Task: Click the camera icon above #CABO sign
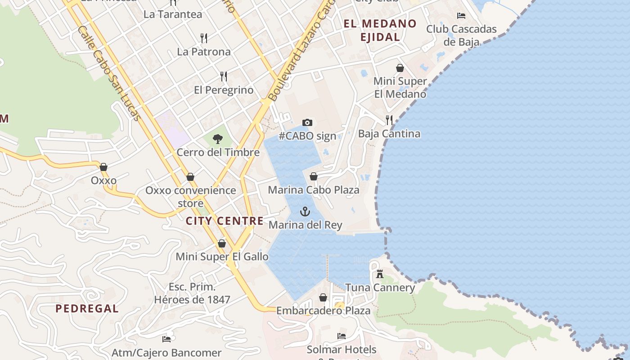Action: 307,122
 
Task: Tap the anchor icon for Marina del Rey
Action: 306,211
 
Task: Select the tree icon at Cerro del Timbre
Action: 218,139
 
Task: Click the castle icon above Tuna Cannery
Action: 380,274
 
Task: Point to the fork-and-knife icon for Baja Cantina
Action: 389,120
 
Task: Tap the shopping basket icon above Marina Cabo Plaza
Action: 314,176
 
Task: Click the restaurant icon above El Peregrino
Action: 224,76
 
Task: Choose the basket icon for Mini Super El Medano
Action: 400,68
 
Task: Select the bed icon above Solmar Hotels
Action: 342,336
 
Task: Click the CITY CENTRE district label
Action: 225,221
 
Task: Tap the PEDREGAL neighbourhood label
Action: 87,309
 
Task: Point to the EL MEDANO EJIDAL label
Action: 380,30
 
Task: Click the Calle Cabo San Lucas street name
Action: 109,74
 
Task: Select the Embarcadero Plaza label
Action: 323,310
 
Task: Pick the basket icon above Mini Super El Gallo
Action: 222,243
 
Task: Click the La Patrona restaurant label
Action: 204,52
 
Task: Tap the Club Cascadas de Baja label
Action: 461,36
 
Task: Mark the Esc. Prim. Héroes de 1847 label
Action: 192,293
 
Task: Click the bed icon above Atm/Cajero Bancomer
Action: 166,339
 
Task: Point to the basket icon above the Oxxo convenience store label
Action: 190,177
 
